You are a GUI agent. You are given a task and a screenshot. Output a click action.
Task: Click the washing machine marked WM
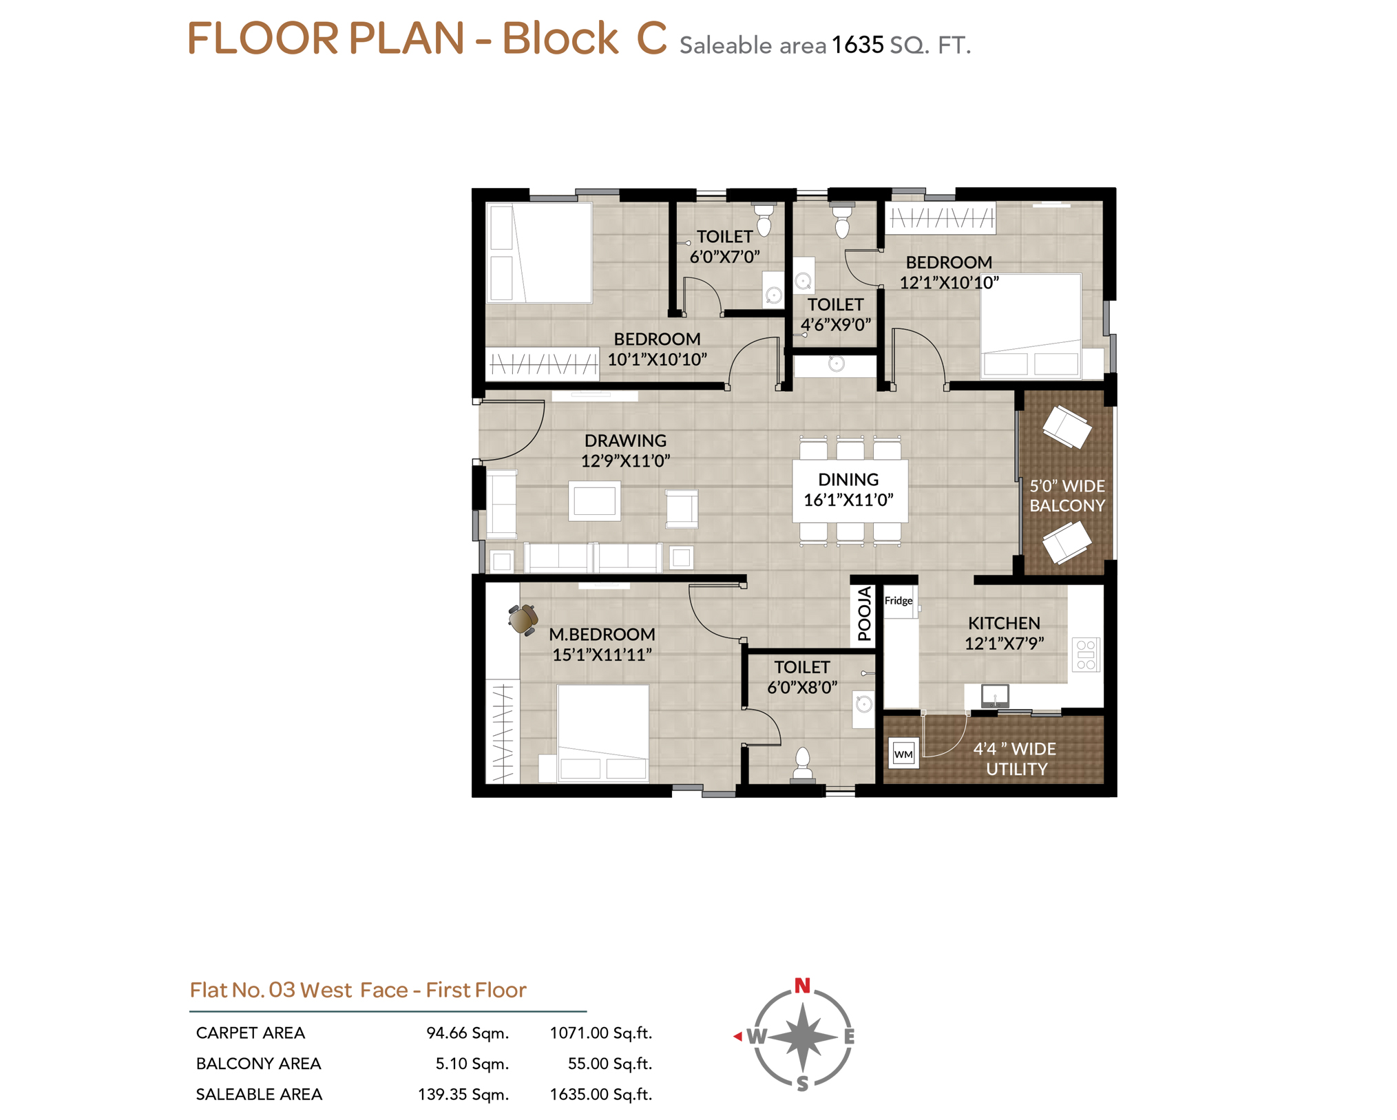[903, 753]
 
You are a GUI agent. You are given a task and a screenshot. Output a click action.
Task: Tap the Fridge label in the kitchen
[898, 600]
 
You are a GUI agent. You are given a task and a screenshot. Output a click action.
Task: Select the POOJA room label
[865, 613]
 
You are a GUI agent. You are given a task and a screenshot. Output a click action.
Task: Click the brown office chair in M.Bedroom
[523, 619]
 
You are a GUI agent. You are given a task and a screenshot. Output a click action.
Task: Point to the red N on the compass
[801, 986]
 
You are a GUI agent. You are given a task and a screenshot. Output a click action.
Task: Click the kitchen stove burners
[1086, 655]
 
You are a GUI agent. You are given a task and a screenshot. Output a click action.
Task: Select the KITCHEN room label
[1004, 623]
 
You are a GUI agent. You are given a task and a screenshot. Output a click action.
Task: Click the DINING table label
[848, 479]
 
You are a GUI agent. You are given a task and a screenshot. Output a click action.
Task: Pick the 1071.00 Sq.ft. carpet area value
[600, 1033]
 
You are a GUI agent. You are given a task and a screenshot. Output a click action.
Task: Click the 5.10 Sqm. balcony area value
[472, 1064]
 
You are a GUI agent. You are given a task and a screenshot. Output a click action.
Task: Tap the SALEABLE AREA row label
[259, 1094]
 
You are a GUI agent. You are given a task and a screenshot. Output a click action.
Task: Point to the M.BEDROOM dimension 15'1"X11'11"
[602, 654]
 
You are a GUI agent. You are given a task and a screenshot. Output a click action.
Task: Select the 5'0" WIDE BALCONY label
[1067, 496]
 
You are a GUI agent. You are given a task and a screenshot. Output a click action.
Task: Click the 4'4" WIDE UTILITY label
[1015, 759]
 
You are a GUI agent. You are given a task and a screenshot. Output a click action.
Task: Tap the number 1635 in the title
[857, 45]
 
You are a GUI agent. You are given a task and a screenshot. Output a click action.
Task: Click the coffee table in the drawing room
[594, 500]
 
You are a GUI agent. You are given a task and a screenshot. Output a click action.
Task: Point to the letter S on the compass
[802, 1084]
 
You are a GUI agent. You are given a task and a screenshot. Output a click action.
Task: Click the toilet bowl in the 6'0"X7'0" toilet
[764, 220]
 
